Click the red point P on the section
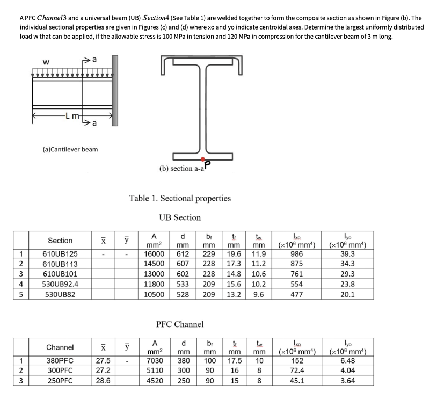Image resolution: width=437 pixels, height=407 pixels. pyautogui.click(x=202, y=159)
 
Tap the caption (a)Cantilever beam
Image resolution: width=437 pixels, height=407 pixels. pyautogui.click(x=71, y=149)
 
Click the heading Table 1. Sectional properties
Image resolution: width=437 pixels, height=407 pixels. pyautogui.click(x=180, y=198)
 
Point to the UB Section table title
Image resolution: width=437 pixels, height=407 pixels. pyautogui.click(x=180, y=217)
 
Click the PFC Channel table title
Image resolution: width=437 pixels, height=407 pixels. pyautogui.click(x=180, y=324)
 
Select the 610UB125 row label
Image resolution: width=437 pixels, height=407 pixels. pyautogui.click(x=60, y=253)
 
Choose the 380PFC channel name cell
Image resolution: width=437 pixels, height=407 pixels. pyautogui.click(x=60, y=360)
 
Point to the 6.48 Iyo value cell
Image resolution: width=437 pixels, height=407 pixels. pyautogui.click(x=347, y=360)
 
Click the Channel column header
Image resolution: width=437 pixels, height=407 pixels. pyautogui.click(x=60, y=347)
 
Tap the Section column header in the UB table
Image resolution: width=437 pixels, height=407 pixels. pyautogui.click(x=60, y=241)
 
